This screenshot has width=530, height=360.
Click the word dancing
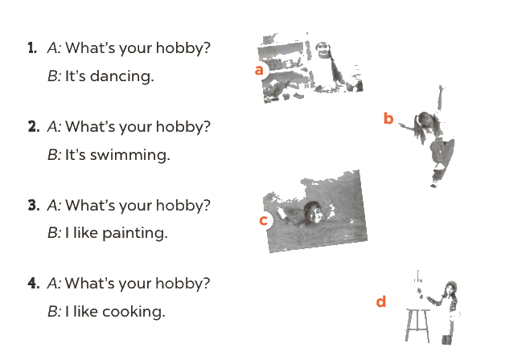122,76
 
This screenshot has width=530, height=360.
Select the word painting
134,233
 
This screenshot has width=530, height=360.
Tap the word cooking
134,312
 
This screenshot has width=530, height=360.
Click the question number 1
32,48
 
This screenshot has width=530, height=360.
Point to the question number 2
34,127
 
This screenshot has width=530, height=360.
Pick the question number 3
34,206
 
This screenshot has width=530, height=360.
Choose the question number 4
34,284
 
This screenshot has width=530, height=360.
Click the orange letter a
259,70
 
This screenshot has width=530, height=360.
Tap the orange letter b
388,119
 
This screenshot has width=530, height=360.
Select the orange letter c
263,220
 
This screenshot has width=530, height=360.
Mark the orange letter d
381,301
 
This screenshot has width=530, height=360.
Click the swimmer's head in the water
313,212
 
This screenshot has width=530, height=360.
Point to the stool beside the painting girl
417,325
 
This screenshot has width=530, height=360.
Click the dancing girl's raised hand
441,89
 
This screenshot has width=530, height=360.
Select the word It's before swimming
75,155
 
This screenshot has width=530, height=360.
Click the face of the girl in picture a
323,51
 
